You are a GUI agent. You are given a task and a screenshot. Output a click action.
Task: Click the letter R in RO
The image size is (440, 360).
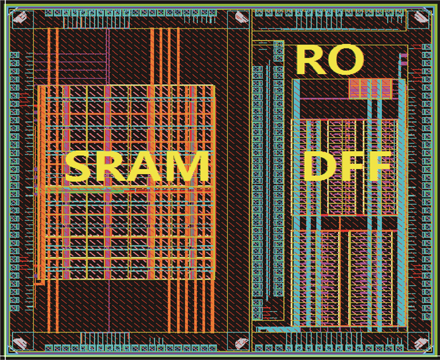(312, 60)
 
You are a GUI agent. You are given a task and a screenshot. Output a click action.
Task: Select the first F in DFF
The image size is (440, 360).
(353, 167)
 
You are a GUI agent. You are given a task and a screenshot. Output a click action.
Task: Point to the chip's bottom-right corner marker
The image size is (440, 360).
(416, 342)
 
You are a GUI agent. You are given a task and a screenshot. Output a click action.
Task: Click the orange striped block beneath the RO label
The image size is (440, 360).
(370, 89)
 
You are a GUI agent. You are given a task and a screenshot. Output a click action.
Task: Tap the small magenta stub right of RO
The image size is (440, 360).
(400, 60)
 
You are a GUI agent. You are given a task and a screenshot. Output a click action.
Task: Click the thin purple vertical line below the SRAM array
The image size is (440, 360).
(107, 302)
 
